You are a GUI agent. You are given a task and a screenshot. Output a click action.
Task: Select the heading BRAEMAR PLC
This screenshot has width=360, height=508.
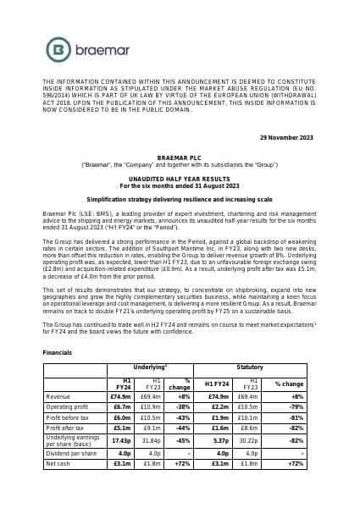[179, 158]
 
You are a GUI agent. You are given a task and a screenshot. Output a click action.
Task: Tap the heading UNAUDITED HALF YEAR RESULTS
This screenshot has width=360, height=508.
[179, 179]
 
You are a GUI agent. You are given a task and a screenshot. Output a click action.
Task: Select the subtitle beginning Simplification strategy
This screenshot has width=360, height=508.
[179, 196]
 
